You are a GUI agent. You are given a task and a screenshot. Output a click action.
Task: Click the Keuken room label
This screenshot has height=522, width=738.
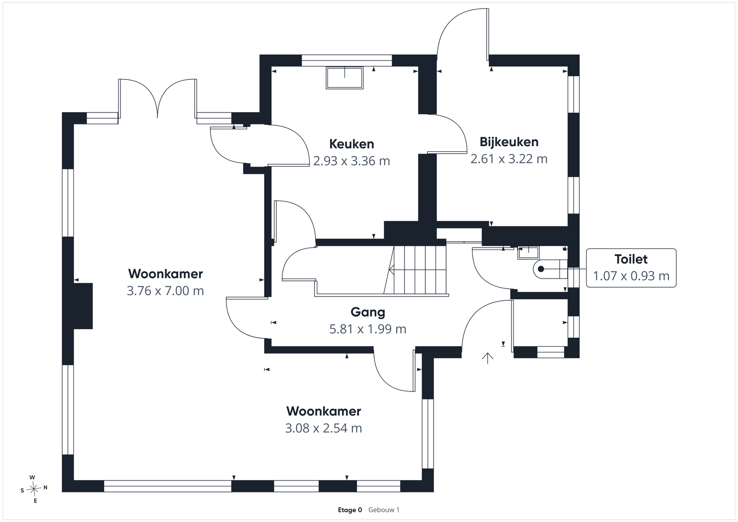(351, 144)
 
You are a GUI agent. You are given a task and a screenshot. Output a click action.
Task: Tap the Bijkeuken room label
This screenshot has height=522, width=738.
(509, 142)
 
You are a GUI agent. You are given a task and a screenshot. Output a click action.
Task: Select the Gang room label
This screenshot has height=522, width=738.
(368, 312)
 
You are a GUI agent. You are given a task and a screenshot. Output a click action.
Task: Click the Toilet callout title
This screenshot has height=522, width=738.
(631, 259)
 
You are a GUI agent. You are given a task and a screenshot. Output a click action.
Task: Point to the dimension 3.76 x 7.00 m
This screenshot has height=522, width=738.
(166, 291)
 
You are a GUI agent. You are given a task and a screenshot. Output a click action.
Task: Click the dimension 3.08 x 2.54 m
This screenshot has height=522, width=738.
(323, 428)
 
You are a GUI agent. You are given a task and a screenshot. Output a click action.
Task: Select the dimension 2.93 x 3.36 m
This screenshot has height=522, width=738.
(351, 161)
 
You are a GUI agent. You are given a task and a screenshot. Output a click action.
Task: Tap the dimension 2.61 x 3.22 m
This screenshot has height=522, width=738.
(509, 159)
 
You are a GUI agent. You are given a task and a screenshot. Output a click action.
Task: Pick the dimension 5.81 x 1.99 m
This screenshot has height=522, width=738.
(368, 329)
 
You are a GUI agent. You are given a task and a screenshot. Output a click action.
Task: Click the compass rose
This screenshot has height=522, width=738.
(34, 489)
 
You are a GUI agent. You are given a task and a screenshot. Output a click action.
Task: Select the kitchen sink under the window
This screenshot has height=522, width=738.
(345, 78)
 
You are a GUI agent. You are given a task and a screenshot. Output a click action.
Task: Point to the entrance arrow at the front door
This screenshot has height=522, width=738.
(488, 358)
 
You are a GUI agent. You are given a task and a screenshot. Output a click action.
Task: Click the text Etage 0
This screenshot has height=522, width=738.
(350, 510)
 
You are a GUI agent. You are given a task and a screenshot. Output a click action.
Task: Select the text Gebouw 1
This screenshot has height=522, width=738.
(384, 510)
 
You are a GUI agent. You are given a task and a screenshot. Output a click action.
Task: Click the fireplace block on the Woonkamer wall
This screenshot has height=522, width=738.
(83, 306)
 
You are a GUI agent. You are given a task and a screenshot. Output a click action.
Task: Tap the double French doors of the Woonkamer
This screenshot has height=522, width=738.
(157, 99)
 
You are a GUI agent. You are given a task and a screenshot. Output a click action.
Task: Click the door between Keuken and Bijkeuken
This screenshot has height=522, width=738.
(447, 134)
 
